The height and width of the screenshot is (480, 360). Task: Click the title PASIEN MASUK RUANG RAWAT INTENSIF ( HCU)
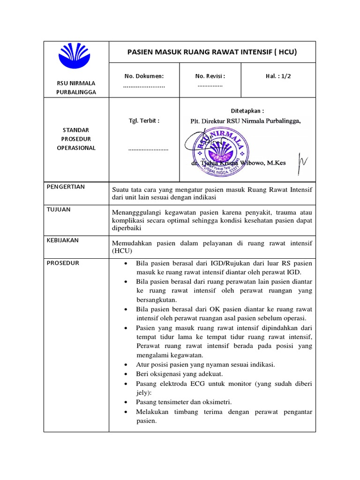[212, 52]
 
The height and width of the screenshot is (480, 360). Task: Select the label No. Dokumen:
[144, 76]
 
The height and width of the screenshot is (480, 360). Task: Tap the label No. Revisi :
[210, 76]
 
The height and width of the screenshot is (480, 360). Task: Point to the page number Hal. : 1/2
[278, 76]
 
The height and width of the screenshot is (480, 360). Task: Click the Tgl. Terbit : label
[144, 120]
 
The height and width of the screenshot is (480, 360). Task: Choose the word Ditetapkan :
[247, 111]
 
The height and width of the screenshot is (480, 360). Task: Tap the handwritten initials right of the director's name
[302, 161]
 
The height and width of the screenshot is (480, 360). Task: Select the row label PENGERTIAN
[66, 187]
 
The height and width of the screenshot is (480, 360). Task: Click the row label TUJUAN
[59, 210]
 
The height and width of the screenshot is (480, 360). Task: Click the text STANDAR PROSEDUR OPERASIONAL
[76, 139]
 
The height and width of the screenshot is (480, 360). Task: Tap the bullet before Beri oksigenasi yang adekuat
[126, 374]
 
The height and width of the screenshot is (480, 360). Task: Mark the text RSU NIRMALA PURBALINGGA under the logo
[76, 88]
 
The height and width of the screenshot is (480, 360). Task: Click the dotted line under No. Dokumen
[144, 87]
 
